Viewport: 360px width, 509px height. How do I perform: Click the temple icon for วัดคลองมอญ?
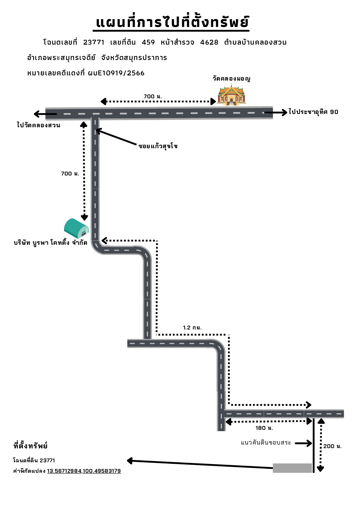pos(231,94)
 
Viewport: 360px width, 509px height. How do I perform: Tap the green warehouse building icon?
pos(76,229)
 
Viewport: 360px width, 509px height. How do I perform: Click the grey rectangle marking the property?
pos(292,468)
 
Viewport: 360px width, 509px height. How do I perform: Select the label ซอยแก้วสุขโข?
pos(158,146)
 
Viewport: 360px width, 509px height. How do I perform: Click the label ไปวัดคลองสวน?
pos(39,125)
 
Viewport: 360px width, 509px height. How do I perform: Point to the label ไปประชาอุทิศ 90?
pos(313,112)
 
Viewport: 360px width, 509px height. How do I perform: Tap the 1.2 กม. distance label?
pos(192,328)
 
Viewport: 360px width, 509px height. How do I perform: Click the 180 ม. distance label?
pos(264,428)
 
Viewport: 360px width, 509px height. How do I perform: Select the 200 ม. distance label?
pos(332,446)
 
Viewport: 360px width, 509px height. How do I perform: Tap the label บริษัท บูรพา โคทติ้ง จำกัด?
pos(50,243)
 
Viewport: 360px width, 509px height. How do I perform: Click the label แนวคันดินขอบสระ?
pos(266,443)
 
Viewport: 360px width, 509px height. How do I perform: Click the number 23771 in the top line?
pos(94,42)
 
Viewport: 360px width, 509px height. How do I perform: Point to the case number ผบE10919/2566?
pos(116,73)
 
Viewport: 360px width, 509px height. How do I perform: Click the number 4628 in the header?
pos(209,42)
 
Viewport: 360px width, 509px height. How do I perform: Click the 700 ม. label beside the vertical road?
pos(70,174)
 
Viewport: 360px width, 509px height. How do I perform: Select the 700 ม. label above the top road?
pos(153,97)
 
